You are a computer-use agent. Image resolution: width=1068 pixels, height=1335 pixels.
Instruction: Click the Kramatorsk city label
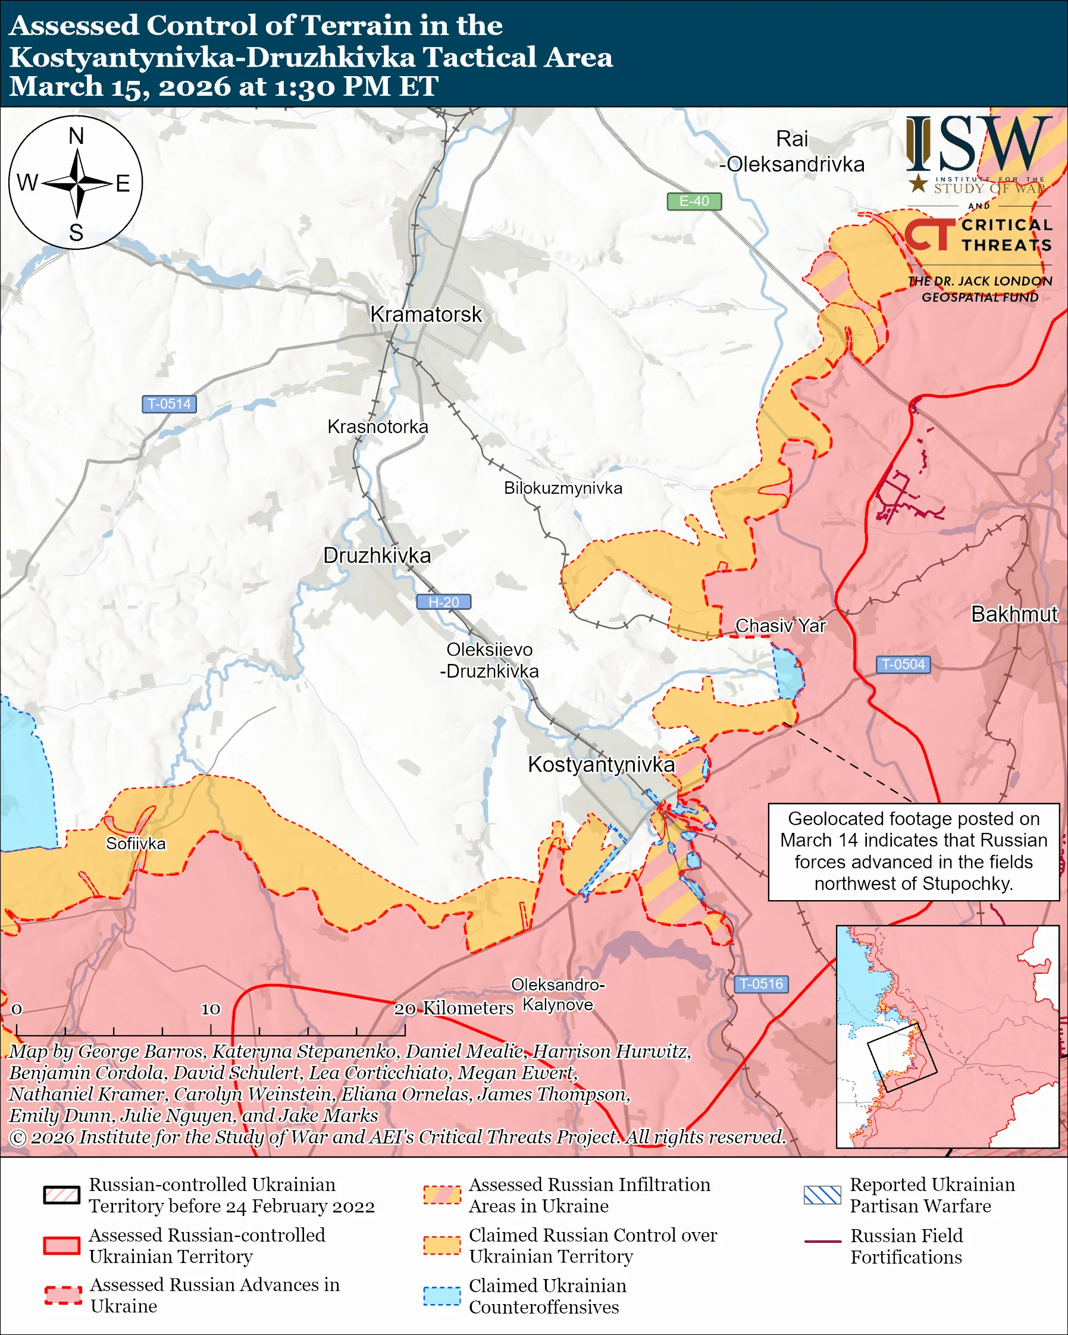425,315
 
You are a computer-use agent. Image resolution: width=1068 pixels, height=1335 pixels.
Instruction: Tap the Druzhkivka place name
377,556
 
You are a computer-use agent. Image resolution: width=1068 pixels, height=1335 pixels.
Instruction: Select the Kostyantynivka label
600,764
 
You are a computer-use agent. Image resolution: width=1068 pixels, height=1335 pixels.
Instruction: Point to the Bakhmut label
1014,614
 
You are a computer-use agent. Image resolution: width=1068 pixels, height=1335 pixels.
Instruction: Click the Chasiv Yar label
780,626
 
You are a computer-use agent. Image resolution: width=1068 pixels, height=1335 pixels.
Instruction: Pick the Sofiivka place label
136,844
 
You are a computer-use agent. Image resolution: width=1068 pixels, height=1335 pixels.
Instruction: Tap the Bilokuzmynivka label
563,488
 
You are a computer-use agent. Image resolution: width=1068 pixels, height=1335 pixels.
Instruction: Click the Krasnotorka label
378,427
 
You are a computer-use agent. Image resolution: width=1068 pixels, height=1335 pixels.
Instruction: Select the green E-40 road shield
694,201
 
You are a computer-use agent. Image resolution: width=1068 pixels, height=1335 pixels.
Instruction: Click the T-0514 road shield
169,405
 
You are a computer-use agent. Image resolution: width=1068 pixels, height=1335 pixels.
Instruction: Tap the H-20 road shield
443,602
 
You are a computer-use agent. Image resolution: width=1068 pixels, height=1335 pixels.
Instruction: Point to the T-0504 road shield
903,665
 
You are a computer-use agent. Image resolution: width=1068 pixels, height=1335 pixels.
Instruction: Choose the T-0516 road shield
761,984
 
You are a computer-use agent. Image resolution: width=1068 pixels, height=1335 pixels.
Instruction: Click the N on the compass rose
76,136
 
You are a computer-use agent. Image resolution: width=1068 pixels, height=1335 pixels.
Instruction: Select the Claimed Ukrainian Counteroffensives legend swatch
441,1296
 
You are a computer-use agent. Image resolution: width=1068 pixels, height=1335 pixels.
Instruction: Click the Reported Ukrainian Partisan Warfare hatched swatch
822,1195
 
